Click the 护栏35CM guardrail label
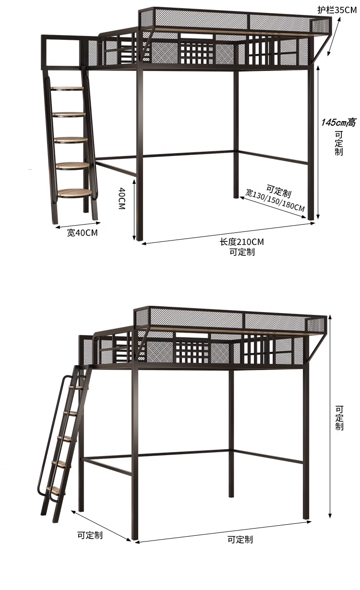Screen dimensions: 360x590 337,9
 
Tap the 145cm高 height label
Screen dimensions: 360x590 338,122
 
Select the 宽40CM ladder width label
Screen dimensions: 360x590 82,233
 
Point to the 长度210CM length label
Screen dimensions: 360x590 241,242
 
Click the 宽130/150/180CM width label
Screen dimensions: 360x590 275,200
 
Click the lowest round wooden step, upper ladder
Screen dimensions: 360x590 75,193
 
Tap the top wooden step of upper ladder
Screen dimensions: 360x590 68,88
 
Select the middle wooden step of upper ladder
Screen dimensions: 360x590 71,140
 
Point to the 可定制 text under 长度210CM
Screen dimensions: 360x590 241,252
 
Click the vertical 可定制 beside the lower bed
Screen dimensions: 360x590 339,418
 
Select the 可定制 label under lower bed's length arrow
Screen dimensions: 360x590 240,540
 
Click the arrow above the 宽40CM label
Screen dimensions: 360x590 77,224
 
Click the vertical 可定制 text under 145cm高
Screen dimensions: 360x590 339,144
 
